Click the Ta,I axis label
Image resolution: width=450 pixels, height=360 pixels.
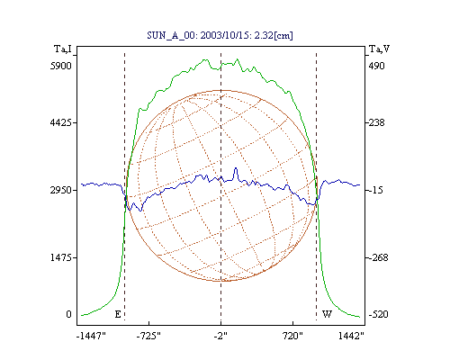[x=63, y=49]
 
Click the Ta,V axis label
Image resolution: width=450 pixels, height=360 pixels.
[x=379, y=49]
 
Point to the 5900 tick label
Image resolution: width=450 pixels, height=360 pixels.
[x=61, y=66]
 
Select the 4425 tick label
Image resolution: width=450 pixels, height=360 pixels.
[x=61, y=122]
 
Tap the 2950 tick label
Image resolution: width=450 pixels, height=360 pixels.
[x=61, y=190]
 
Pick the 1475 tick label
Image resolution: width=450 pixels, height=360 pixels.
[x=61, y=257]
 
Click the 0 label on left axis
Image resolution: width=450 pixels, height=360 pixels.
[x=68, y=314]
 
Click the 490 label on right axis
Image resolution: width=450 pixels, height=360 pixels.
[x=376, y=66]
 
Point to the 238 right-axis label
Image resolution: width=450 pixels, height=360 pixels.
[x=376, y=122]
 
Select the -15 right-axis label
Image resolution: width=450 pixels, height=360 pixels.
[x=375, y=190]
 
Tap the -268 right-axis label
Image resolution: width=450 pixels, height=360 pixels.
[x=378, y=257]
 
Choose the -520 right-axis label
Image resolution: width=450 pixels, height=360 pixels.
[x=378, y=314]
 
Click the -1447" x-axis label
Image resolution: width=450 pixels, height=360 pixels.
[x=91, y=336]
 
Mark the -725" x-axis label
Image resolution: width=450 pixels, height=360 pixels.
[x=148, y=336]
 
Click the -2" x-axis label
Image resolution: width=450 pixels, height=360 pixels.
[x=220, y=336]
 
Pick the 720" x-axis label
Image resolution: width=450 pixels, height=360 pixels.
[x=292, y=336]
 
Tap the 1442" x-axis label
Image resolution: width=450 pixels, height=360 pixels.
[x=351, y=336]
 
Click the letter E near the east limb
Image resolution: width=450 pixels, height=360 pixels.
[x=118, y=314]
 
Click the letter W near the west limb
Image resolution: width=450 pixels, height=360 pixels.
[x=327, y=314]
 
